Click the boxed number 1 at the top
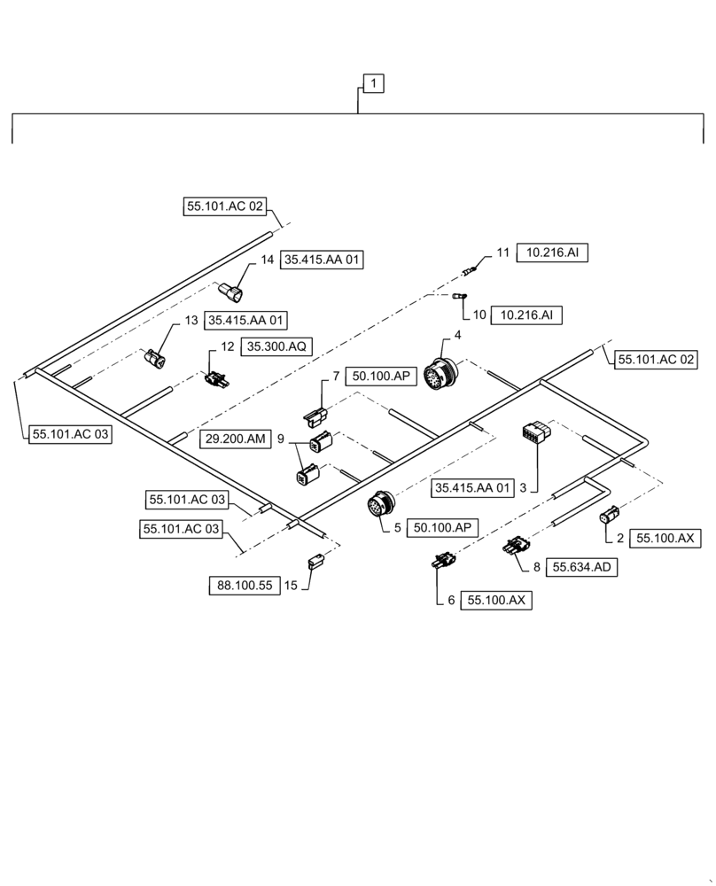pos(373,83)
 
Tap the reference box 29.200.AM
pos(234,439)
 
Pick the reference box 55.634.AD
pos(583,568)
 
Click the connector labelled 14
pos(234,291)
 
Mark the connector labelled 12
pos(215,380)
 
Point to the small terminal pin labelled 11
pos(471,264)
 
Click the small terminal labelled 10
pos(460,297)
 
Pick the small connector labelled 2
pos(611,516)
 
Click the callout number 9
pos(281,439)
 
